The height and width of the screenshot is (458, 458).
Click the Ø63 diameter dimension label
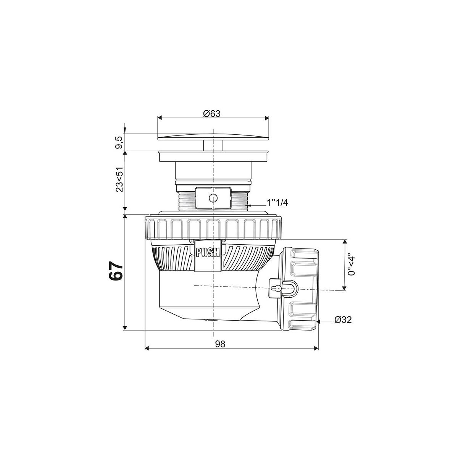coord(212,113)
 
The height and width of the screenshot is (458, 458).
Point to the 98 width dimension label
coord(220,344)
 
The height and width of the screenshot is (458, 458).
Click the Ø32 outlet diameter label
coord(343,320)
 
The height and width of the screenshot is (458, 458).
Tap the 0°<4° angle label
coord(352,265)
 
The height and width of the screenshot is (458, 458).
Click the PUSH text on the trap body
coord(207,252)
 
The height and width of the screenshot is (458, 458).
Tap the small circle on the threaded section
coord(212,198)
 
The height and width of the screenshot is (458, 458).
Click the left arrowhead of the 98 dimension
coord(147,348)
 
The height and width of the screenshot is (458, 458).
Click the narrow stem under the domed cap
coord(213,145)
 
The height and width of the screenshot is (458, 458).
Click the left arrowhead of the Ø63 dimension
coord(160,118)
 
